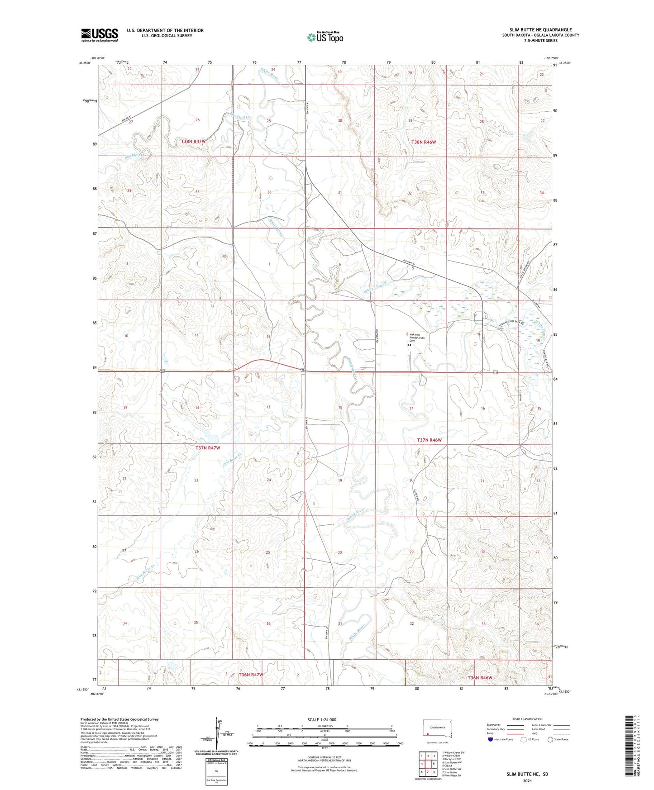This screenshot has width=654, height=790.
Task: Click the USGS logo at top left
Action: [x=100, y=35]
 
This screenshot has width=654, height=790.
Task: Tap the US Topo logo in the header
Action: [x=325, y=37]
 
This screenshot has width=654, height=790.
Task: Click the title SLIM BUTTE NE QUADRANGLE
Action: [x=540, y=30]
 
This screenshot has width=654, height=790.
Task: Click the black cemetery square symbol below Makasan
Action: [x=410, y=345]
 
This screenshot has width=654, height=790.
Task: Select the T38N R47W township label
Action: [x=193, y=141]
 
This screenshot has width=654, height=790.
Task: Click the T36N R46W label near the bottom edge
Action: [x=479, y=678]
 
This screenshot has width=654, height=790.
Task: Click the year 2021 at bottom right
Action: [x=527, y=781]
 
